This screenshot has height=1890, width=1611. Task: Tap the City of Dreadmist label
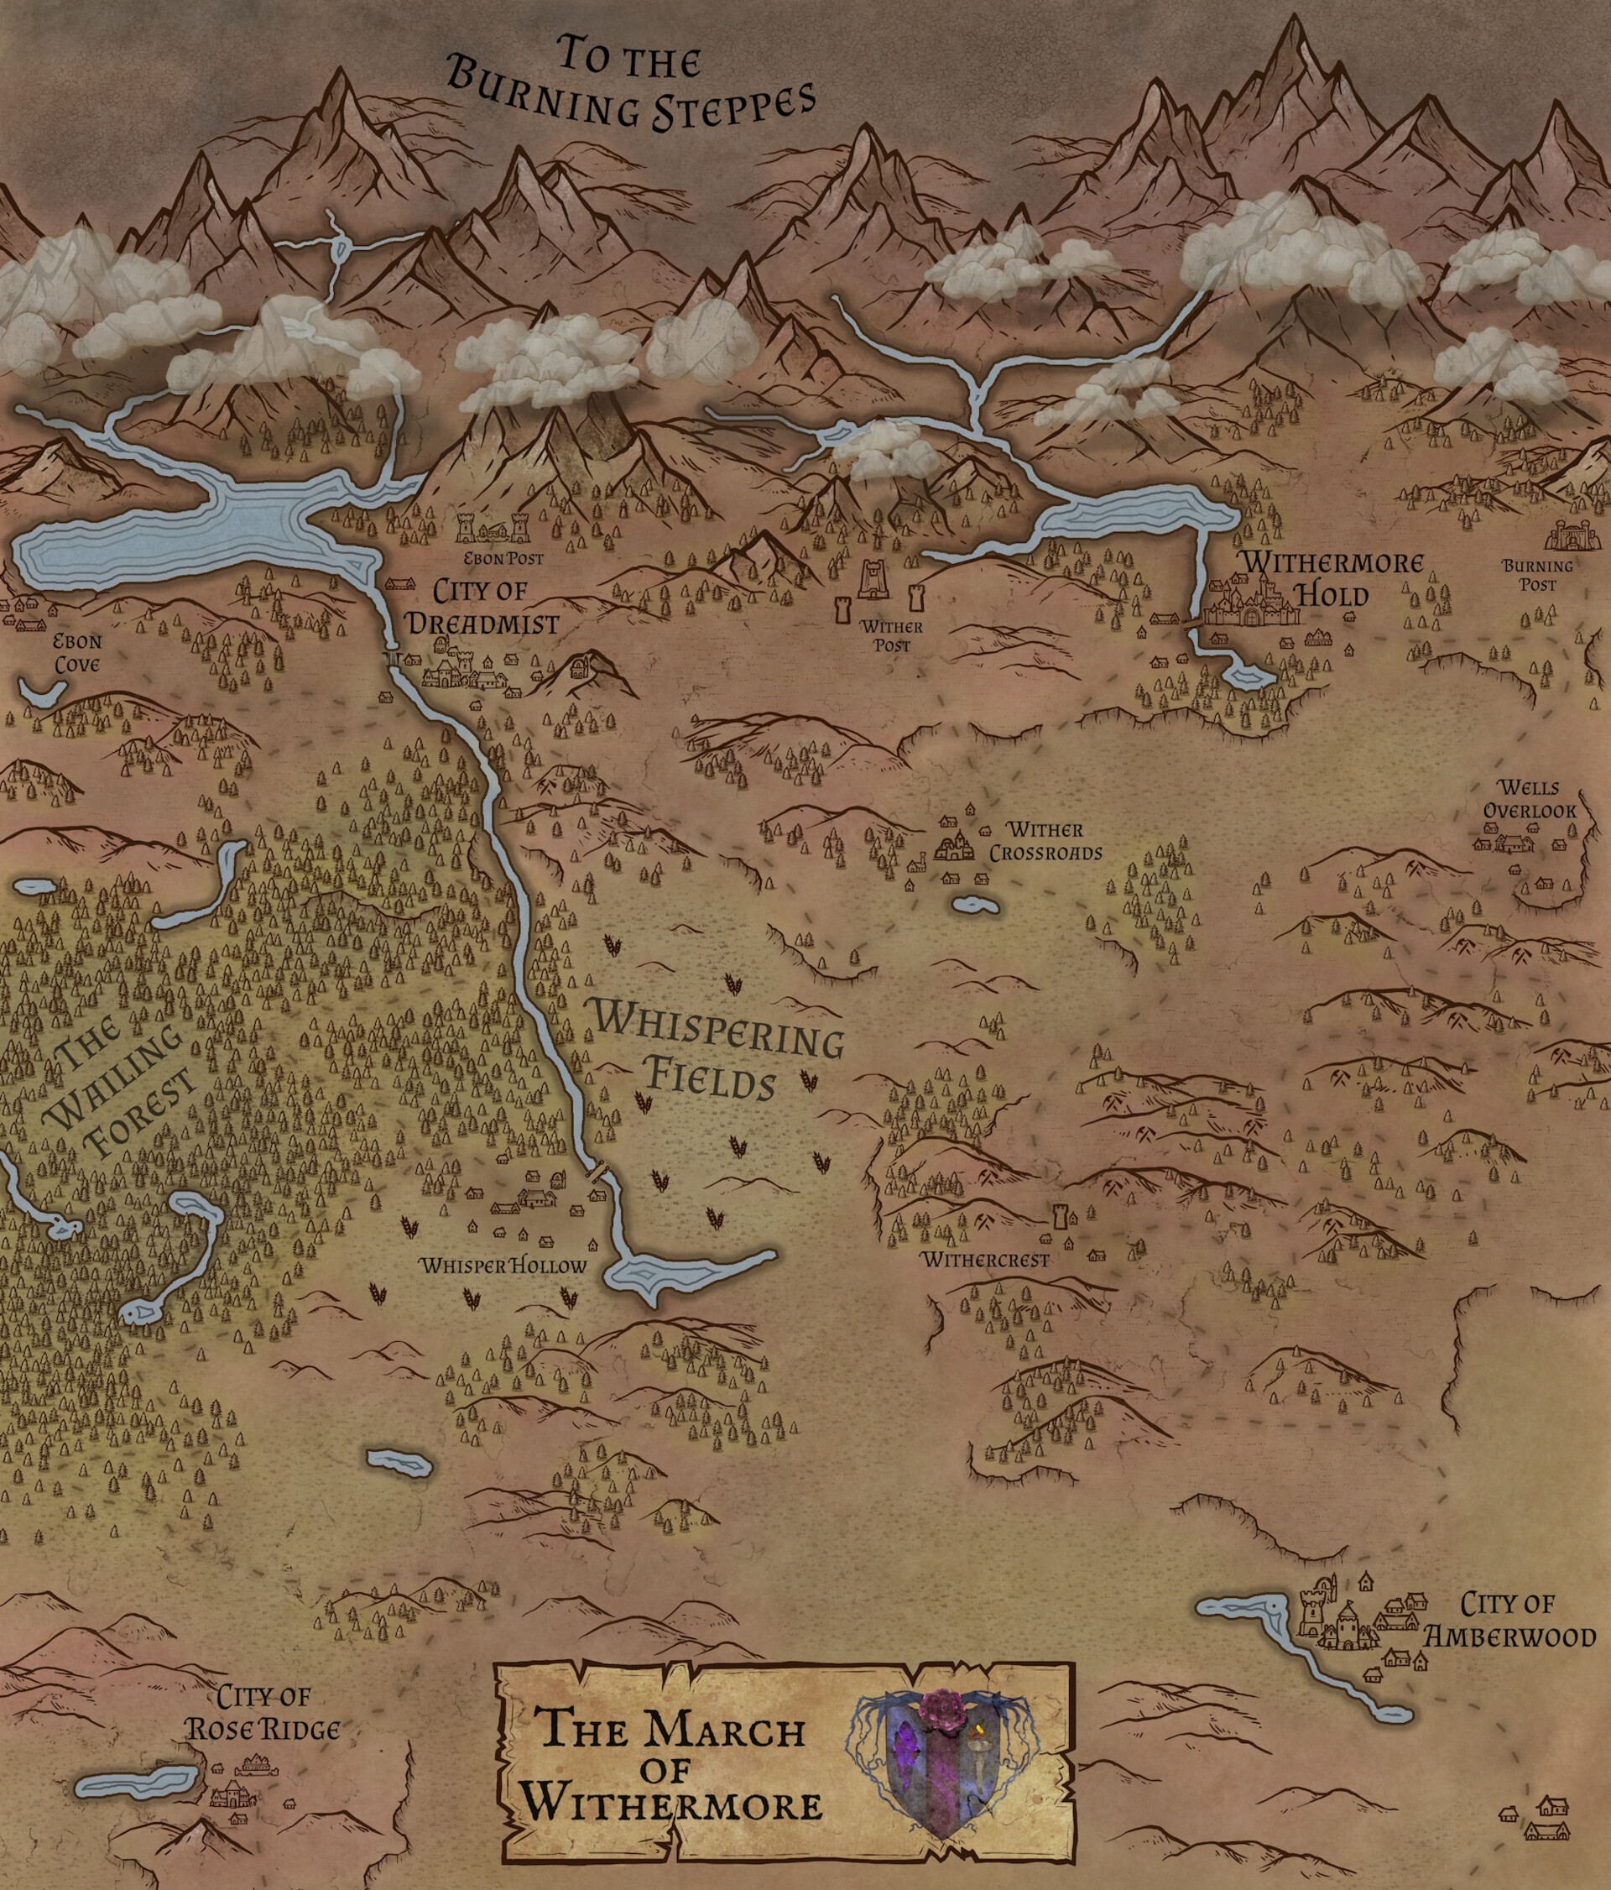coord(481,607)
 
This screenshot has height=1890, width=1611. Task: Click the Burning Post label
coord(1537,574)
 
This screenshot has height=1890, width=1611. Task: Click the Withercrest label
coord(985,1261)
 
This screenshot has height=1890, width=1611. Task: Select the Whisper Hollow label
coord(503,1267)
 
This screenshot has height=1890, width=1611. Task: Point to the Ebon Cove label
coord(76,651)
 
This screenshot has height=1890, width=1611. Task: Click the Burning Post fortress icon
coord(1575,535)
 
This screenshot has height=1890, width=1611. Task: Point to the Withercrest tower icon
coord(1061,1218)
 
